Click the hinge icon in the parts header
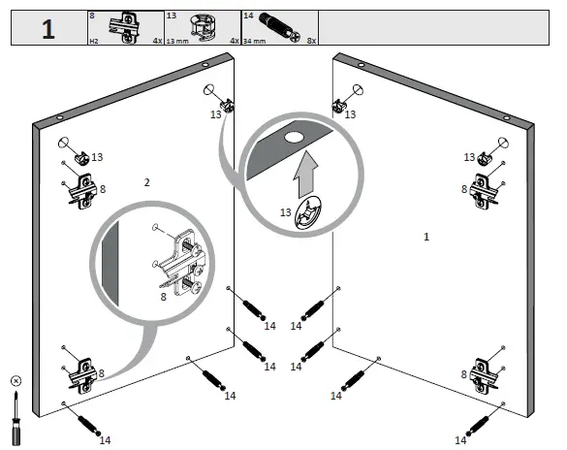coord(124,26)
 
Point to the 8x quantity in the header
coord(311,42)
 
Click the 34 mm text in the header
coord(254,42)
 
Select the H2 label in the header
coord(94,42)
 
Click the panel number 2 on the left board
coord(147,182)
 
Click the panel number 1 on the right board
coord(426,236)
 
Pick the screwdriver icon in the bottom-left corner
coord(15,415)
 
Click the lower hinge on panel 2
coord(80,372)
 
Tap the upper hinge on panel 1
coord(486,191)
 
